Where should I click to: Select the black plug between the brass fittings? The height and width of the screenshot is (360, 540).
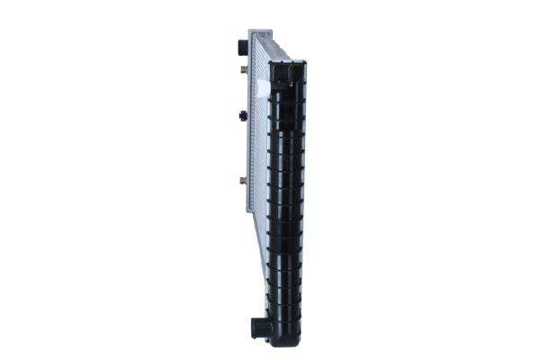(x=242, y=114)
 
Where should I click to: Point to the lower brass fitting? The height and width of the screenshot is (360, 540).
(x=243, y=180)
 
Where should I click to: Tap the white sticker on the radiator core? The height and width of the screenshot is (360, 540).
(x=265, y=87)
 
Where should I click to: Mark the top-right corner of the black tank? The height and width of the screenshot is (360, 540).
(x=305, y=63)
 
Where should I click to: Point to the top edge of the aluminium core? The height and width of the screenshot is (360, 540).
(x=262, y=37)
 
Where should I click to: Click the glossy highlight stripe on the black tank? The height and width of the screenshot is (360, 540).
(x=277, y=198)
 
